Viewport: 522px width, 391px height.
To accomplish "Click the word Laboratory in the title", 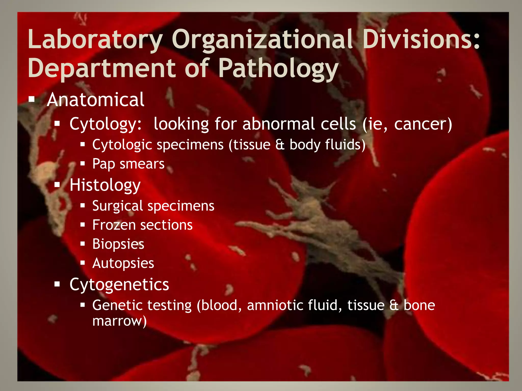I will point(95,40).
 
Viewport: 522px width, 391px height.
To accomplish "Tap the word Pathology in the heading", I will point(278,68).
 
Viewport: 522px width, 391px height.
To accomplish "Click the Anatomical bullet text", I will point(96,100).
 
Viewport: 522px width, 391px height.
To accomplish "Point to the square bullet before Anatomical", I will point(32,99).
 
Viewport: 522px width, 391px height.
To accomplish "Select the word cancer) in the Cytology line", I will point(423,124).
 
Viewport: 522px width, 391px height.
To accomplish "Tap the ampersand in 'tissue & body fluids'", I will point(280,145).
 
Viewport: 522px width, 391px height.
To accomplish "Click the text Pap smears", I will point(128,164).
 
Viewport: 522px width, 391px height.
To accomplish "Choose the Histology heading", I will point(105,185).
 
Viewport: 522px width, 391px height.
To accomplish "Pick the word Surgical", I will point(118,206).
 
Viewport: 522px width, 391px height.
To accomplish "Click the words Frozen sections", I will point(142,225).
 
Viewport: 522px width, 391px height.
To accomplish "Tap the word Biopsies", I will point(118,244).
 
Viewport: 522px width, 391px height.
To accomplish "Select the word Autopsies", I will point(123,263).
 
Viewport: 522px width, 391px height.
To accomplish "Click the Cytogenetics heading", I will point(119,285).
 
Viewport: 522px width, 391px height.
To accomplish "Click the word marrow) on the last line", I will point(120,321).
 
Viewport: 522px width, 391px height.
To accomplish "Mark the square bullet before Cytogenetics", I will point(57,284).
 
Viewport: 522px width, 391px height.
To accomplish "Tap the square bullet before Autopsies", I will point(82,263).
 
